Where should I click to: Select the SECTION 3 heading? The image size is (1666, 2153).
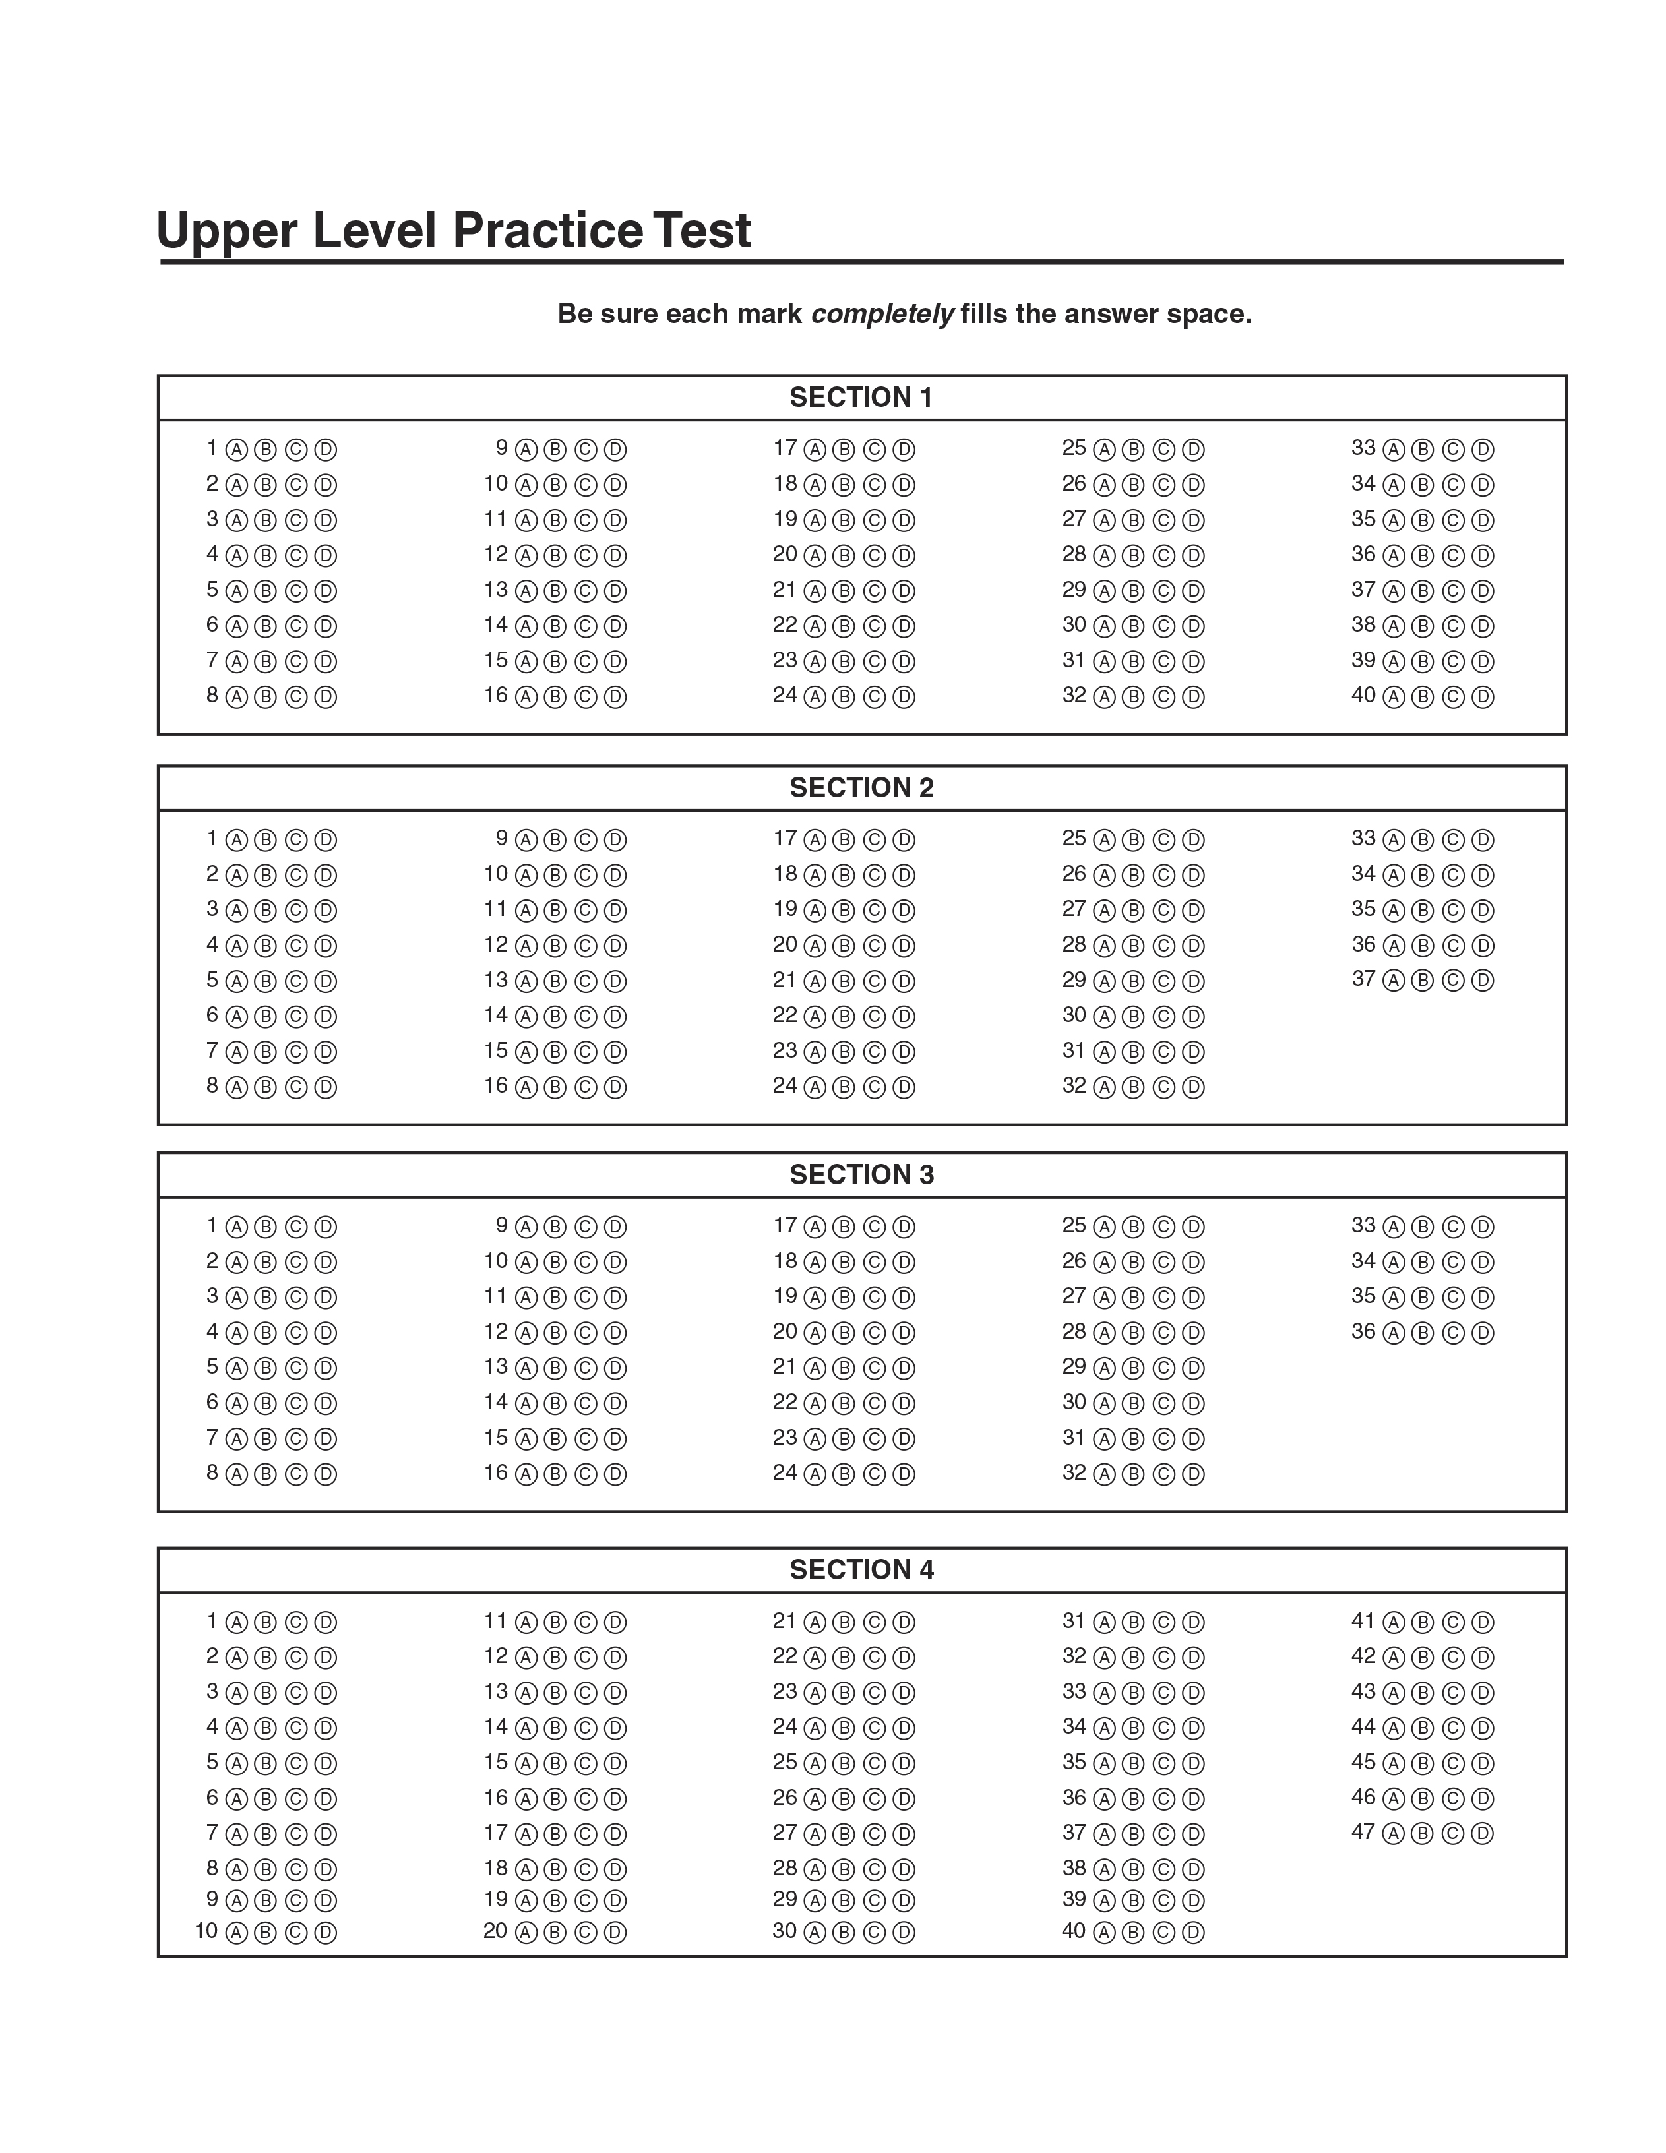pos(861,1174)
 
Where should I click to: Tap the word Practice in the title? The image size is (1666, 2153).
pos(547,231)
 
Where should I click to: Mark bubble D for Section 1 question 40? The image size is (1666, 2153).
pos(1481,697)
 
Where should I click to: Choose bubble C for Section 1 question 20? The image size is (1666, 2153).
pos(873,556)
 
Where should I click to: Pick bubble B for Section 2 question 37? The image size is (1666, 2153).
pos(1421,981)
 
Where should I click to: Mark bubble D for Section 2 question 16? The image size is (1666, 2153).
pos(614,1087)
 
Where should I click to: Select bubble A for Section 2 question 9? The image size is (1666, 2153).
pos(526,840)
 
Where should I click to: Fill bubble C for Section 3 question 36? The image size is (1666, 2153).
pos(1452,1333)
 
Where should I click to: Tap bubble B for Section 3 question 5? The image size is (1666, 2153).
pos(264,1368)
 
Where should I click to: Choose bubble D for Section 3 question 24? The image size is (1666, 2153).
pos(903,1474)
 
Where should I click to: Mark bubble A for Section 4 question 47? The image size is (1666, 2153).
pos(1393,1834)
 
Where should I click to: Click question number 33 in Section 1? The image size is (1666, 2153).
pos(1363,448)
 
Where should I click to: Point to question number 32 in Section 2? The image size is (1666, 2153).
pos(1074,1085)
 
